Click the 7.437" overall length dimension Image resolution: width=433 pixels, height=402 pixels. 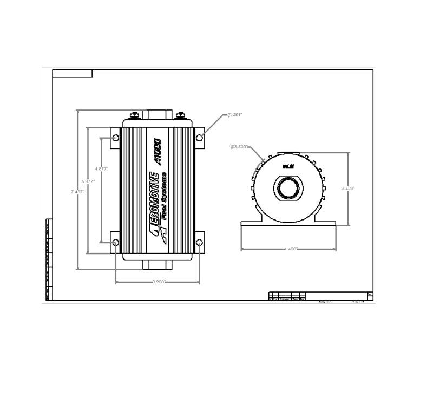77,192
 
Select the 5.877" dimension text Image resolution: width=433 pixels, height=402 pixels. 88,181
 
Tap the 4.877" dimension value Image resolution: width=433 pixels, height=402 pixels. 101,169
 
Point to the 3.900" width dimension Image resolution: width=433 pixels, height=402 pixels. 159,282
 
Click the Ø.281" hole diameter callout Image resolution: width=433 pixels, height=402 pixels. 234,115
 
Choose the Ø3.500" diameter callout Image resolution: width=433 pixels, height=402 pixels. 239,147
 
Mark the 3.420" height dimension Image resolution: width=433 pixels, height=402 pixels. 348,189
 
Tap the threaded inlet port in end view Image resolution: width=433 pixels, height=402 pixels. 288,189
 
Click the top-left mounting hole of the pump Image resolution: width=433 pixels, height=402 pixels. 115,139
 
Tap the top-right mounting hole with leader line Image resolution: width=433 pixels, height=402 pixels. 200,139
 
